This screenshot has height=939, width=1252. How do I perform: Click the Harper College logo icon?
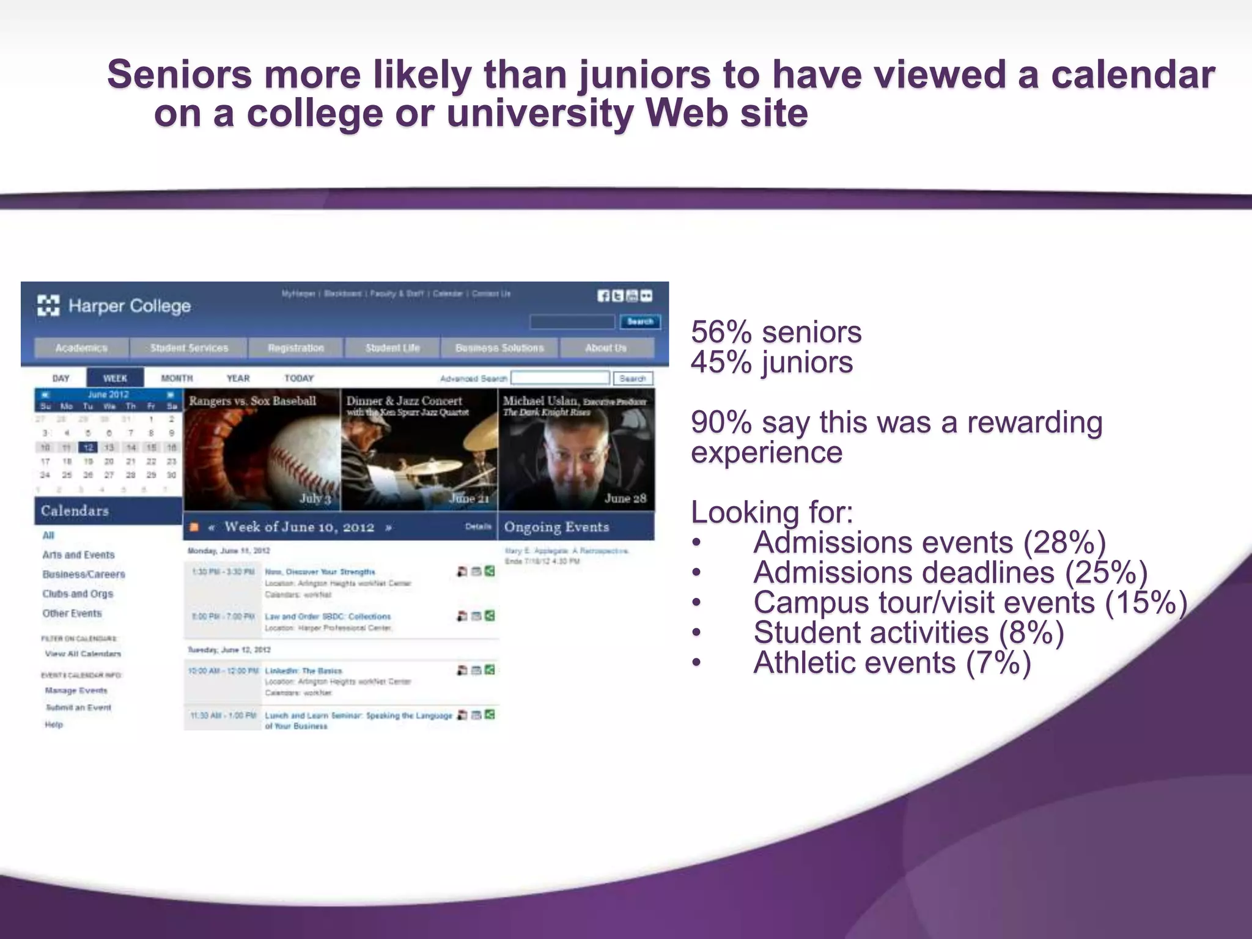(48, 305)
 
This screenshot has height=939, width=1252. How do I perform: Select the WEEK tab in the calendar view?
(115, 378)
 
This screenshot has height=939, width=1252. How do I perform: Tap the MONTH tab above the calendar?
(177, 378)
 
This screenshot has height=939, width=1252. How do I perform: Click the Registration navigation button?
(296, 348)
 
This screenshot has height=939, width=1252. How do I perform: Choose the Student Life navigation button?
(392, 348)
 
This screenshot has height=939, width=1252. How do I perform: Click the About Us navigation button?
(606, 348)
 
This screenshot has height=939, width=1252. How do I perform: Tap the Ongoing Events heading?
(556, 527)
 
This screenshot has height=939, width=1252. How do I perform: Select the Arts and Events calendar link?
(78, 554)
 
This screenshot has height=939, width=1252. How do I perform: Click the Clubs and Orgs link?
(78, 594)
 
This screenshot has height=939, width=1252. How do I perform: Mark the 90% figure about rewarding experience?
(721, 422)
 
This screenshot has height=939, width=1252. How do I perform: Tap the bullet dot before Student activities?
(696, 633)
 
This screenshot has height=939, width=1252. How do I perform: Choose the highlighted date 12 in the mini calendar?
(88, 447)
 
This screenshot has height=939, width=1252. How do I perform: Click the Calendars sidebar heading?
(75, 510)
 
